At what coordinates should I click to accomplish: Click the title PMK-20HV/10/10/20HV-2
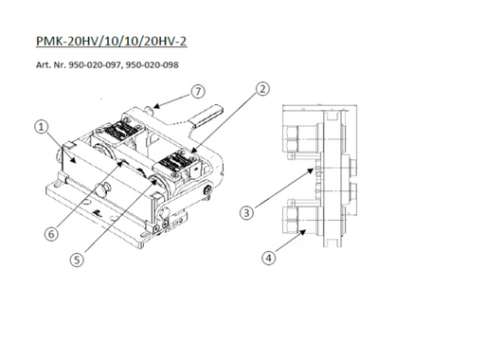pos(112,41)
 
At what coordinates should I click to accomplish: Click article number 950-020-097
pos(95,64)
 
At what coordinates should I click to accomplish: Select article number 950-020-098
pos(152,64)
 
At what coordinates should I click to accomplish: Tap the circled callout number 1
pos(41,127)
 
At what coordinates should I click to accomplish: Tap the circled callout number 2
pos(262,89)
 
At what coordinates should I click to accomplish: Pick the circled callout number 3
pos(246,212)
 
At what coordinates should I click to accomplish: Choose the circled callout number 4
pos(268,258)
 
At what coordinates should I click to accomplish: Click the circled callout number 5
pos(77,261)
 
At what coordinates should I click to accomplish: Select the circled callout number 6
pos(51,234)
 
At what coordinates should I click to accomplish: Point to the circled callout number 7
pos(198,92)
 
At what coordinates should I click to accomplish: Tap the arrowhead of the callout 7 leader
pos(155,106)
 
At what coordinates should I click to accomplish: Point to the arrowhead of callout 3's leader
pos(313,171)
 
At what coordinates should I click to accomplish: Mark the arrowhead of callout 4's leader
pos(303,232)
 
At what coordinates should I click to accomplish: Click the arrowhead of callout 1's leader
pos(73,160)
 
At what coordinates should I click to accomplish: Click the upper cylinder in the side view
pos(302,139)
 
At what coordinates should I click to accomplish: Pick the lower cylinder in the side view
pos(302,220)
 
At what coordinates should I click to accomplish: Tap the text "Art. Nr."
pos(50,64)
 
